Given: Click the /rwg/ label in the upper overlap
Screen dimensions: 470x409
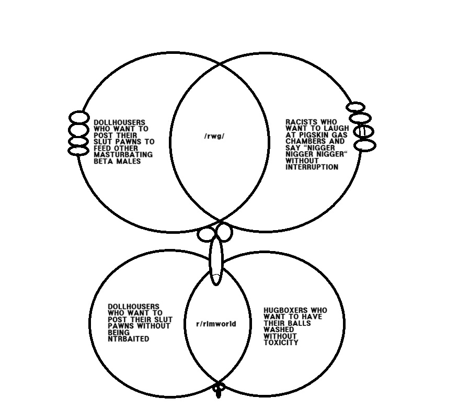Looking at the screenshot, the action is tap(214, 137).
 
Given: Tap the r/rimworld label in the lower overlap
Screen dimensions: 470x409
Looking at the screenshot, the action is tap(216, 324).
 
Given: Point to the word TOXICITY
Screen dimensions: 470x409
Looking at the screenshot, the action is tap(281, 343).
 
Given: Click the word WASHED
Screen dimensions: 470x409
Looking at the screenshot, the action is tap(279, 330).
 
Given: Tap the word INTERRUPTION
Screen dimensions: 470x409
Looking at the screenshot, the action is tap(312, 167).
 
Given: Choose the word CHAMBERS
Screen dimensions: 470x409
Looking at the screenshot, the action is tap(303, 141).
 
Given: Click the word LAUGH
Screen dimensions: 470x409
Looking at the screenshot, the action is tap(337, 128).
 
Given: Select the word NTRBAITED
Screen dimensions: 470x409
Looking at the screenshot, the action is tap(128, 339).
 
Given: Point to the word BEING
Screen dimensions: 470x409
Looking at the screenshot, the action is tap(119, 332).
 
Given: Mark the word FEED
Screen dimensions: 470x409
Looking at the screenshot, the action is tap(102, 149).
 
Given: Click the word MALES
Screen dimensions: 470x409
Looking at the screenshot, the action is tap(128, 161).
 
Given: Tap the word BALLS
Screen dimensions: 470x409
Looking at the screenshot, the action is tap(299, 323).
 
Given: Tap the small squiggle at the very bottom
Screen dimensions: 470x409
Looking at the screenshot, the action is tap(219, 390).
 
